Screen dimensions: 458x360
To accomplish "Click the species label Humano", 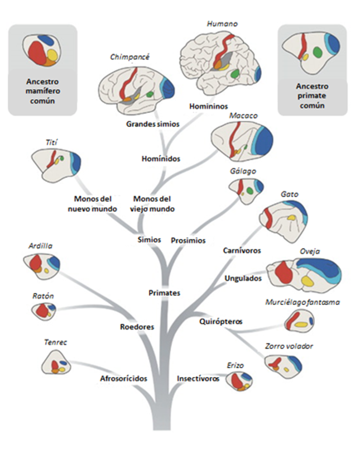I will (x=222, y=24).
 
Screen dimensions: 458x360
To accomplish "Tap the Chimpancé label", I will (x=130, y=57).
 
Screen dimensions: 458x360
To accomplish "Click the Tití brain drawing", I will (x=56, y=164).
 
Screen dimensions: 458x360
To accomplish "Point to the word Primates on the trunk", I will (x=164, y=293).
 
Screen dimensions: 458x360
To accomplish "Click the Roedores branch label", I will (x=137, y=327).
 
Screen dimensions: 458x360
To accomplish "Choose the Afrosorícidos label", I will (x=123, y=379).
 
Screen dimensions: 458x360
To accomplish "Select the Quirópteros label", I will (x=221, y=322).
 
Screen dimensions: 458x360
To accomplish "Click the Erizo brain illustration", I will (x=239, y=381).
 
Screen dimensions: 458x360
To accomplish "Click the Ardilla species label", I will (x=40, y=246).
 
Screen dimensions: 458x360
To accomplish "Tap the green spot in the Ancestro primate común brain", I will (x=317, y=52).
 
